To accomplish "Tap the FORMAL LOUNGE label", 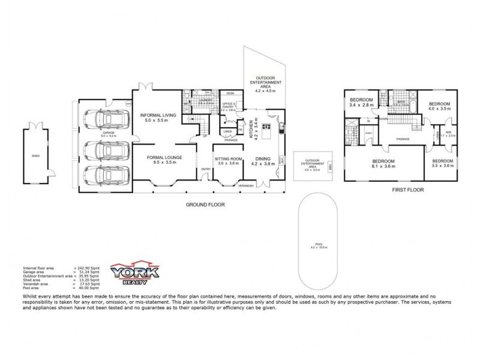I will [x=164, y=158].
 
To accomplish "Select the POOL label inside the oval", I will [x=319, y=244].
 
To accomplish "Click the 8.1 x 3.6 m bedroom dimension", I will [x=383, y=166].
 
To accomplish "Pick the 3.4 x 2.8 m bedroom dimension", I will [x=362, y=104].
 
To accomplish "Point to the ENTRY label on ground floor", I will [x=206, y=169].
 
